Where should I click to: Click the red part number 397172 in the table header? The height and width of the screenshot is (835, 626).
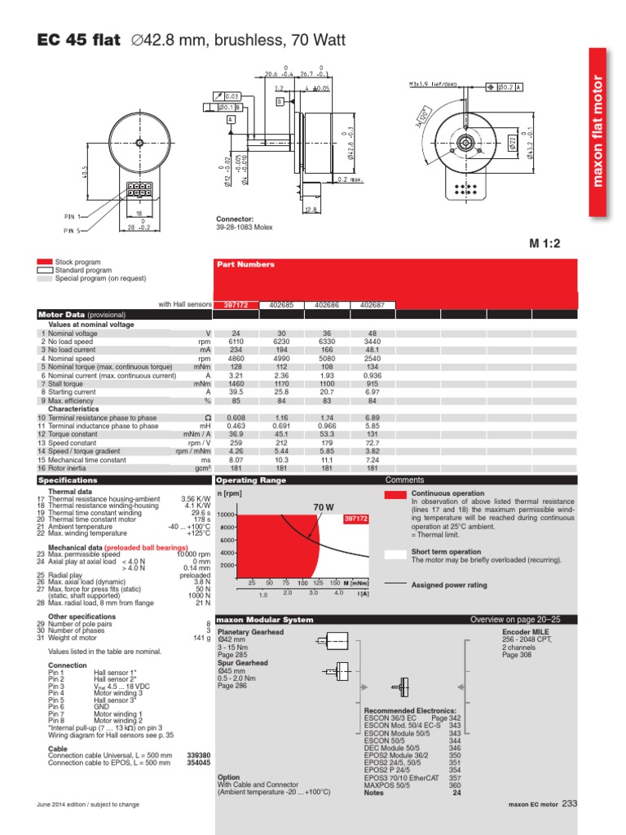point(236,305)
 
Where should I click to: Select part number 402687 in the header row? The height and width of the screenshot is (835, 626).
point(373,305)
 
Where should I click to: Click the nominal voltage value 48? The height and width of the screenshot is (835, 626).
point(373,334)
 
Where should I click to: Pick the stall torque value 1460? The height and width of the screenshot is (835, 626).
point(236,384)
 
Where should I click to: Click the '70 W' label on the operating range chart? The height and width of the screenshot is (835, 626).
point(324,507)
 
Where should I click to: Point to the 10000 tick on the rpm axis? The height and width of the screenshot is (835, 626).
point(226,515)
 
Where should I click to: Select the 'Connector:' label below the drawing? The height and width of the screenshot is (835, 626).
point(235,219)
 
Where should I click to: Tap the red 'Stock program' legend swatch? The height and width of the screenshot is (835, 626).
point(44,263)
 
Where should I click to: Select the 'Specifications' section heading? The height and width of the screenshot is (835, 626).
point(68,480)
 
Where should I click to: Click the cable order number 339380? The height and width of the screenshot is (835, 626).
point(199,755)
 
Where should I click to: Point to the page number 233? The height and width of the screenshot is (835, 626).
point(569,804)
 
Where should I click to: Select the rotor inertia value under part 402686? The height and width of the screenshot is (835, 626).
point(327,468)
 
